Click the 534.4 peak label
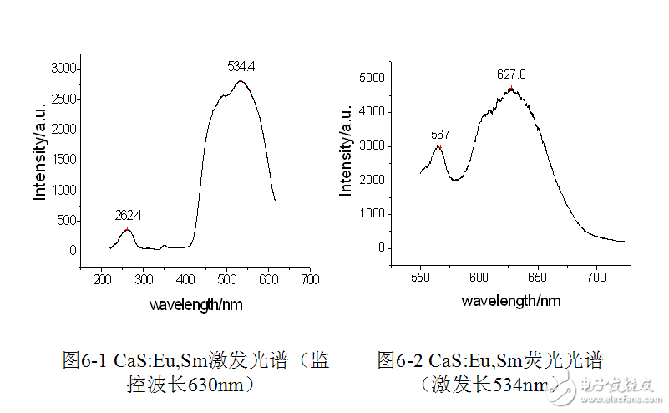[241, 65]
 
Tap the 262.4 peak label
[128, 215]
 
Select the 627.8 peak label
[511, 74]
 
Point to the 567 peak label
[440, 134]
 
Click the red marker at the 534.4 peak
[241, 81]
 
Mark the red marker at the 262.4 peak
[127, 228]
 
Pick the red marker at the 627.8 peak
[510, 88]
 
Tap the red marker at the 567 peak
[439, 148]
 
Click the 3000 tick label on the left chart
[63, 69]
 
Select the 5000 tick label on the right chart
[374, 78]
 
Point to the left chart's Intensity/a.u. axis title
[38, 159]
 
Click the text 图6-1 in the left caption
[84, 361]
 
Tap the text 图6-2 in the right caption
[398, 361]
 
